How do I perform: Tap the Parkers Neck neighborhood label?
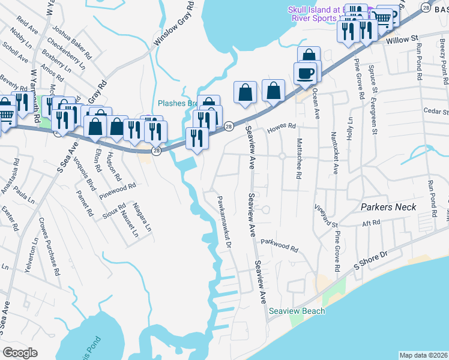coord(388,207)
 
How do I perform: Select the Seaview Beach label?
coord(297,311)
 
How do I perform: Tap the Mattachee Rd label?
coord(298,158)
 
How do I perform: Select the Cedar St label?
coord(436,112)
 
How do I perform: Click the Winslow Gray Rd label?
coord(174,23)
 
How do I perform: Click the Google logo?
coord(20,352)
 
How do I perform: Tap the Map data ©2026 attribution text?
coord(423,355)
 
